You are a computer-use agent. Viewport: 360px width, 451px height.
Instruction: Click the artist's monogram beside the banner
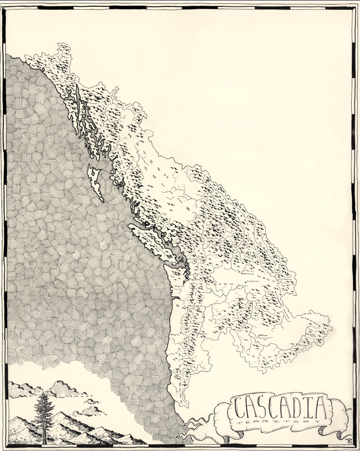pyautogui.click(x=347, y=438)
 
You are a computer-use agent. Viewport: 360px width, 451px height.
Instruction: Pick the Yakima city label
pyautogui.click(x=208, y=293)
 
